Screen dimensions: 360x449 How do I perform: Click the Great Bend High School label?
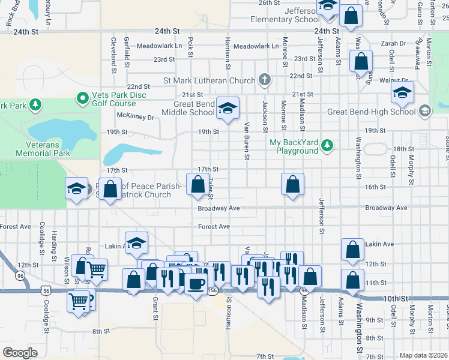point(371,111)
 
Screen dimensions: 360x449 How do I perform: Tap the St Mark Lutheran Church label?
point(209,80)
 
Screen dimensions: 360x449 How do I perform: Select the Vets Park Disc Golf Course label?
point(113,100)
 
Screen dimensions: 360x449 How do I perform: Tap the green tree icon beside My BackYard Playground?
point(327,145)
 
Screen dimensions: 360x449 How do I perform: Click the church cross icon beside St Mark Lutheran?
point(264,80)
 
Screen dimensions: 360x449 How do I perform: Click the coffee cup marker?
point(195,282)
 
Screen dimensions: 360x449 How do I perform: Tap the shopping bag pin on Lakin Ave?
point(352,248)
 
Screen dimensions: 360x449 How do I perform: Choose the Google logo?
point(20,352)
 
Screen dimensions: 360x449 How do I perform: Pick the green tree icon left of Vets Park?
point(35,106)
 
